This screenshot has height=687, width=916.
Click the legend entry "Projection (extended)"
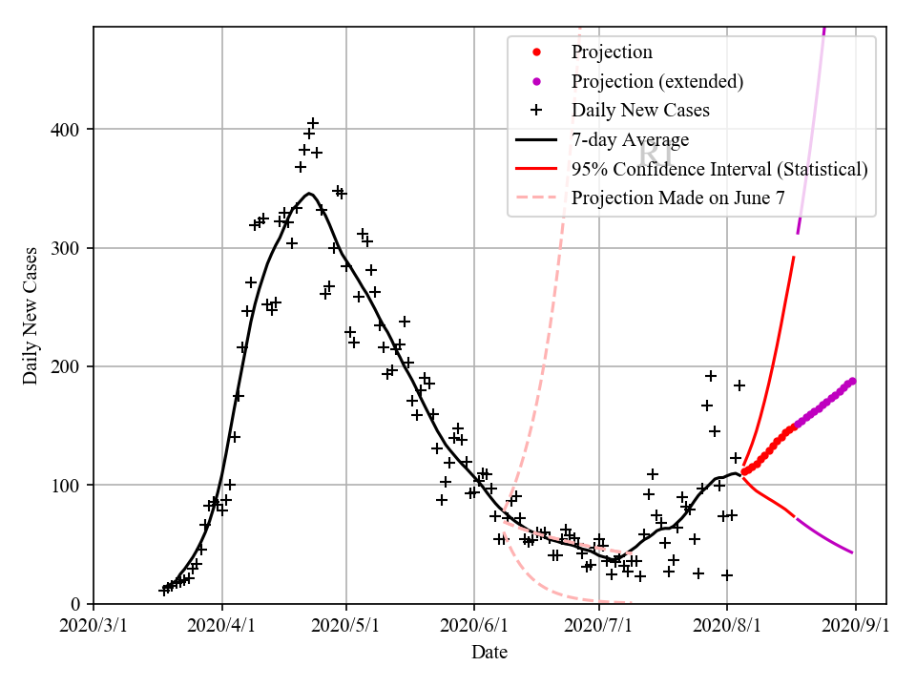click(x=656, y=81)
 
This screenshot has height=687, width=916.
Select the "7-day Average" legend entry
click(x=630, y=139)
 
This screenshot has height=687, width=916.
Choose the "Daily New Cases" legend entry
click(x=640, y=110)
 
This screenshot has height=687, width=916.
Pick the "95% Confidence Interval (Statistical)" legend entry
click(x=719, y=169)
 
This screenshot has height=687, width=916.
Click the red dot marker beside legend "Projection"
click(x=537, y=52)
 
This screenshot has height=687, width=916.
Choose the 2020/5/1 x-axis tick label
click(x=347, y=627)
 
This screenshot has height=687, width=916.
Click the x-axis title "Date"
click(x=489, y=653)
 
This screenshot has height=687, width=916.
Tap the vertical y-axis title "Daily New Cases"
click(x=31, y=316)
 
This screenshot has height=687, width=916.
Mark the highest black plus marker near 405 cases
click(x=313, y=123)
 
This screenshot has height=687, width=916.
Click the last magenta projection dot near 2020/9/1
click(x=852, y=381)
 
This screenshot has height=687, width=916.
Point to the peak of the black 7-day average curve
click(x=310, y=193)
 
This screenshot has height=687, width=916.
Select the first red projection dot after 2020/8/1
click(x=744, y=471)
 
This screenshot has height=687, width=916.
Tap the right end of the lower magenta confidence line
click(x=852, y=552)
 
